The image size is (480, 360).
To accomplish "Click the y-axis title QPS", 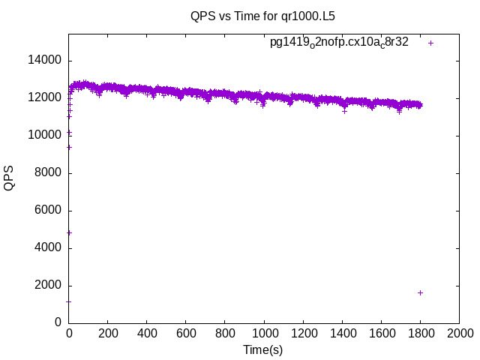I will point(9,178).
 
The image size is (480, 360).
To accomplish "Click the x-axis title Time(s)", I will point(262,349).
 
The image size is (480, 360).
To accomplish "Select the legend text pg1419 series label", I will point(339,43).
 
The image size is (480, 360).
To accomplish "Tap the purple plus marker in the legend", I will point(431,43).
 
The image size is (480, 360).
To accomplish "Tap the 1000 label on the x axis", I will point(264,333).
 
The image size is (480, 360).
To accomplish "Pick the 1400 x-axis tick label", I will point(342,333).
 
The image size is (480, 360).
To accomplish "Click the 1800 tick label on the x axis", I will point(420,333).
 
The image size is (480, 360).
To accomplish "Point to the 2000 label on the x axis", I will point(459,333).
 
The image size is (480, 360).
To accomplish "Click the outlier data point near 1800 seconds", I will point(421,292).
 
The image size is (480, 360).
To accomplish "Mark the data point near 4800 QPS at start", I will point(69,232).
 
